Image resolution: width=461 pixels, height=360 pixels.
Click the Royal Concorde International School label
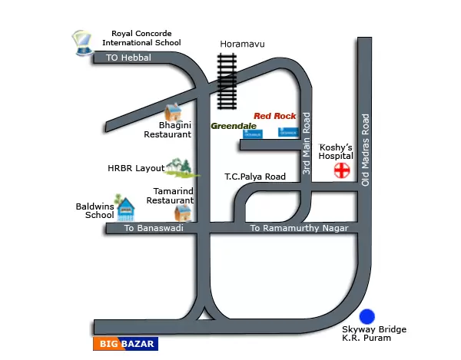click(x=146, y=38)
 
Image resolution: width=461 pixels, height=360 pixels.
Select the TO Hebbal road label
click(x=129, y=58)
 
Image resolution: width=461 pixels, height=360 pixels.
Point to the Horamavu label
click(x=242, y=45)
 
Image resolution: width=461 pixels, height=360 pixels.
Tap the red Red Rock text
click(x=274, y=116)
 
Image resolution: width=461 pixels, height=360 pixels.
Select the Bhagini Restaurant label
click(x=170, y=130)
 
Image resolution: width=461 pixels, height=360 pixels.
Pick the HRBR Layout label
click(x=135, y=168)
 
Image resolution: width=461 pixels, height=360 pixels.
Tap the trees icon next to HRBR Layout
click(x=180, y=167)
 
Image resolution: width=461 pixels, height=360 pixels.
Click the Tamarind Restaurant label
click(x=169, y=195)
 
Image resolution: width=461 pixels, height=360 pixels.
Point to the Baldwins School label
click(x=95, y=211)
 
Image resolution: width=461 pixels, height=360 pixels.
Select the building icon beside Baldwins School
click(x=124, y=210)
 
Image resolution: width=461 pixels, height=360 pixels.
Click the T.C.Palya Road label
click(x=255, y=177)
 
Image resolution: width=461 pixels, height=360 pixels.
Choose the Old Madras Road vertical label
click(x=366, y=150)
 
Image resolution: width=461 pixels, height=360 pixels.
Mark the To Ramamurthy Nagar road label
click(x=300, y=229)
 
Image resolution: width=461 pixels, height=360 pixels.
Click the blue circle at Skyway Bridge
click(x=367, y=316)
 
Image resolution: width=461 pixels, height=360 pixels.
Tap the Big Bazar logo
click(x=125, y=344)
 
